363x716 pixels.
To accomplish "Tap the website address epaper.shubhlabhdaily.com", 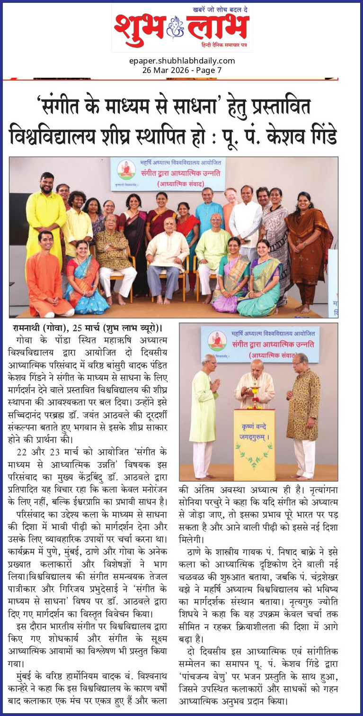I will pos(182,61).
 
